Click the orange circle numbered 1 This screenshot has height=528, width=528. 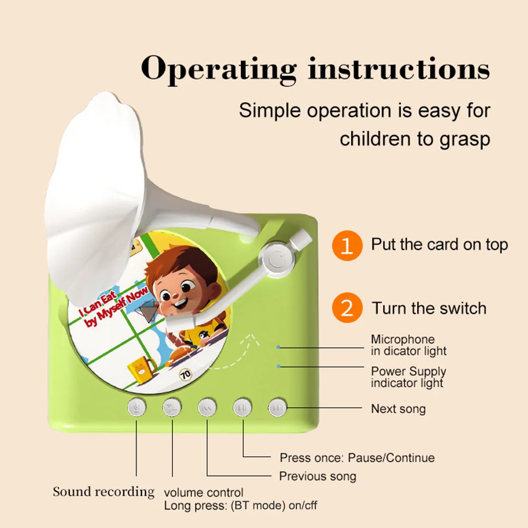(x=347, y=245)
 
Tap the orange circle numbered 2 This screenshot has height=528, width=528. (x=347, y=308)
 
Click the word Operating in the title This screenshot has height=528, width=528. (x=219, y=69)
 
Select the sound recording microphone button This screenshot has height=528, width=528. (x=137, y=408)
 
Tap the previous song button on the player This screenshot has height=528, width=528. (x=207, y=408)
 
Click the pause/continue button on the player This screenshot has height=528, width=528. (x=243, y=408)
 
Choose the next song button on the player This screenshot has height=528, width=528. (x=277, y=408)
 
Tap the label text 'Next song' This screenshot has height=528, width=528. (x=398, y=409)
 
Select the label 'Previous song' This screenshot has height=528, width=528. (x=318, y=476)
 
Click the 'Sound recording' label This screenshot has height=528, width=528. (x=103, y=492)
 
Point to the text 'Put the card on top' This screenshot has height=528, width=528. (x=439, y=245)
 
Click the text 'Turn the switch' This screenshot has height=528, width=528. (x=429, y=308)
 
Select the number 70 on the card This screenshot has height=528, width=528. (x=185, y=376)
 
